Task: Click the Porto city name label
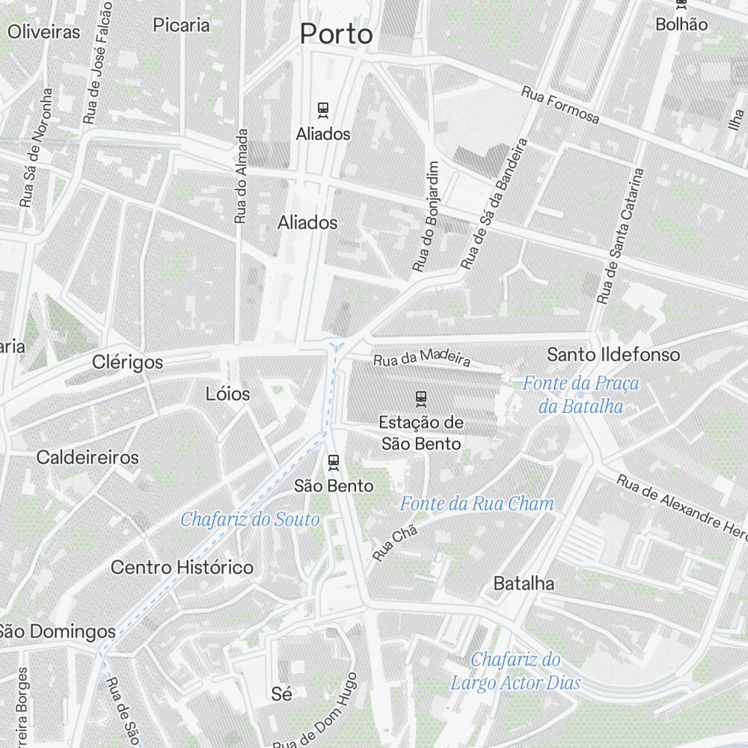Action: pos(336,34)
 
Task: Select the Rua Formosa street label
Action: pos(560,105)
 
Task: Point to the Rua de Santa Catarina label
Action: pos(620,236)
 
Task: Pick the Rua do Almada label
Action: pos(241,177)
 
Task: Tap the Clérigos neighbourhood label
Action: pos(127,363)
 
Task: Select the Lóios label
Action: pos(228,393)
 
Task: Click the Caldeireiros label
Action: pos(88,457)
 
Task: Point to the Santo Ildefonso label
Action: pos(613,355)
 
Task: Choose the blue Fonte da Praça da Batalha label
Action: pos(581,395)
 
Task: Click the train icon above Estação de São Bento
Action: pos(421,399)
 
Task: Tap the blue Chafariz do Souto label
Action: pos(250,519)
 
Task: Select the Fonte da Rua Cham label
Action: pos(477,504)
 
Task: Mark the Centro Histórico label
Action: pos(182,568)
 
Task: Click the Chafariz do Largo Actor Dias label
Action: pos(516,671)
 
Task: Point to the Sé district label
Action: pos(282,694)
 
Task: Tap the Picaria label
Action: pos(182,25)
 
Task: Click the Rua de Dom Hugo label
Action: pos(318,714)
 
